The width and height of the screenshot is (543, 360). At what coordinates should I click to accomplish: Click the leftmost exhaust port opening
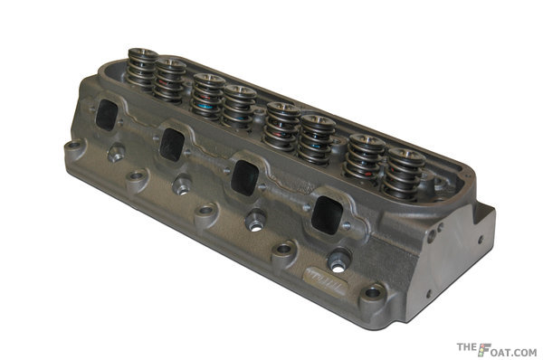pos(107,115)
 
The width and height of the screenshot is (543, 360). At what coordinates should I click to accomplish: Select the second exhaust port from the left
pos(172,145)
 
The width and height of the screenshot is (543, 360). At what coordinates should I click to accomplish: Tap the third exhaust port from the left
pos(245,178)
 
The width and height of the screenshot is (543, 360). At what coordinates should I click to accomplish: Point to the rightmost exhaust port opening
pos(328,215)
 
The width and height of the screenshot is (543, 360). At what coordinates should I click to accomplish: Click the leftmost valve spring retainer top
pos(143,52)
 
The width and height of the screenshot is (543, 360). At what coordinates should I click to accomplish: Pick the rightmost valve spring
pos(404,174)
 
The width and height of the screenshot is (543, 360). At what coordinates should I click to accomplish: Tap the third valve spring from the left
pos(208,96)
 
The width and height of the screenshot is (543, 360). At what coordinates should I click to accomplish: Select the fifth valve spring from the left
pos(282,127)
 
